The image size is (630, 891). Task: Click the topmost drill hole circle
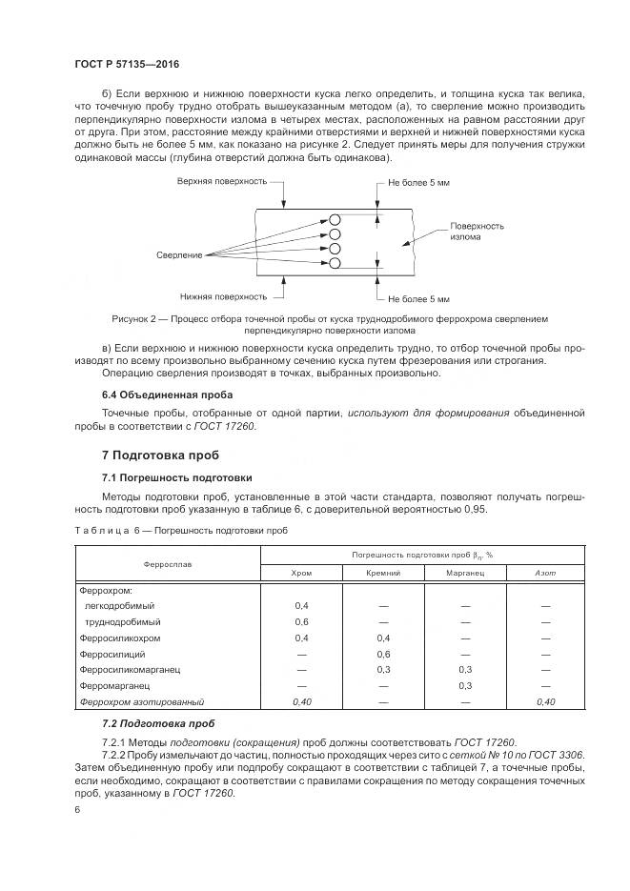coord(335,218)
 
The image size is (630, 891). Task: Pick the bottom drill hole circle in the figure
coord(335,266)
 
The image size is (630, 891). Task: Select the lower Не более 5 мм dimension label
coord(418,297)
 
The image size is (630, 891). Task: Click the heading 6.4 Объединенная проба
coord(166,394)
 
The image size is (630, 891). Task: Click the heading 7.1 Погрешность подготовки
coord(176,476)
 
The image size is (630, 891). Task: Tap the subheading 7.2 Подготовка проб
coord(158,723)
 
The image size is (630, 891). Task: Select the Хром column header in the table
coord(301,572)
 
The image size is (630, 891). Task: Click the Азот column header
coord(545,572)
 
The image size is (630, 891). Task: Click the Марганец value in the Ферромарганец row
coord(465,685)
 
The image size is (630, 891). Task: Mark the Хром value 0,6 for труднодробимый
coord(301,621)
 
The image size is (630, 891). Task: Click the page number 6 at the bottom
coord(76,809)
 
